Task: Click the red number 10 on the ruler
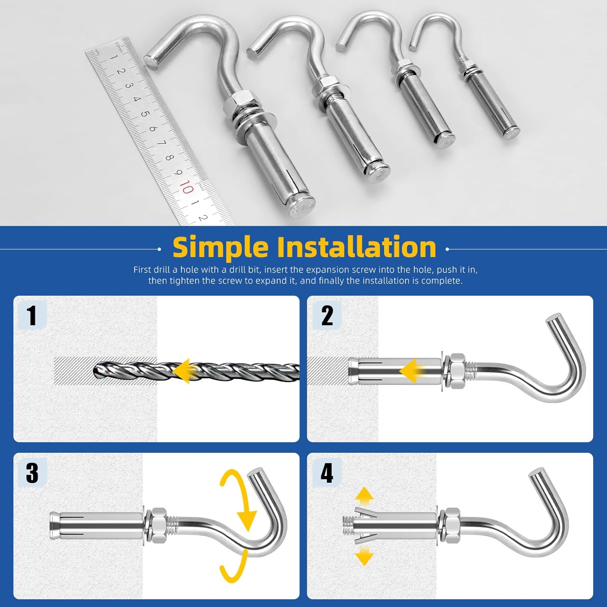[186, 187]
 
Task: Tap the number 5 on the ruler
[145, 114]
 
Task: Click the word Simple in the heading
[220, 247]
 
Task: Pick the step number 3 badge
[32, 473]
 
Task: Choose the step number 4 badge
[327, 473]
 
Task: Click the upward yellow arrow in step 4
[364, 496]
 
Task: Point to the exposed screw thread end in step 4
[347, 525]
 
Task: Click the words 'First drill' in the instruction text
[151, 270]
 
